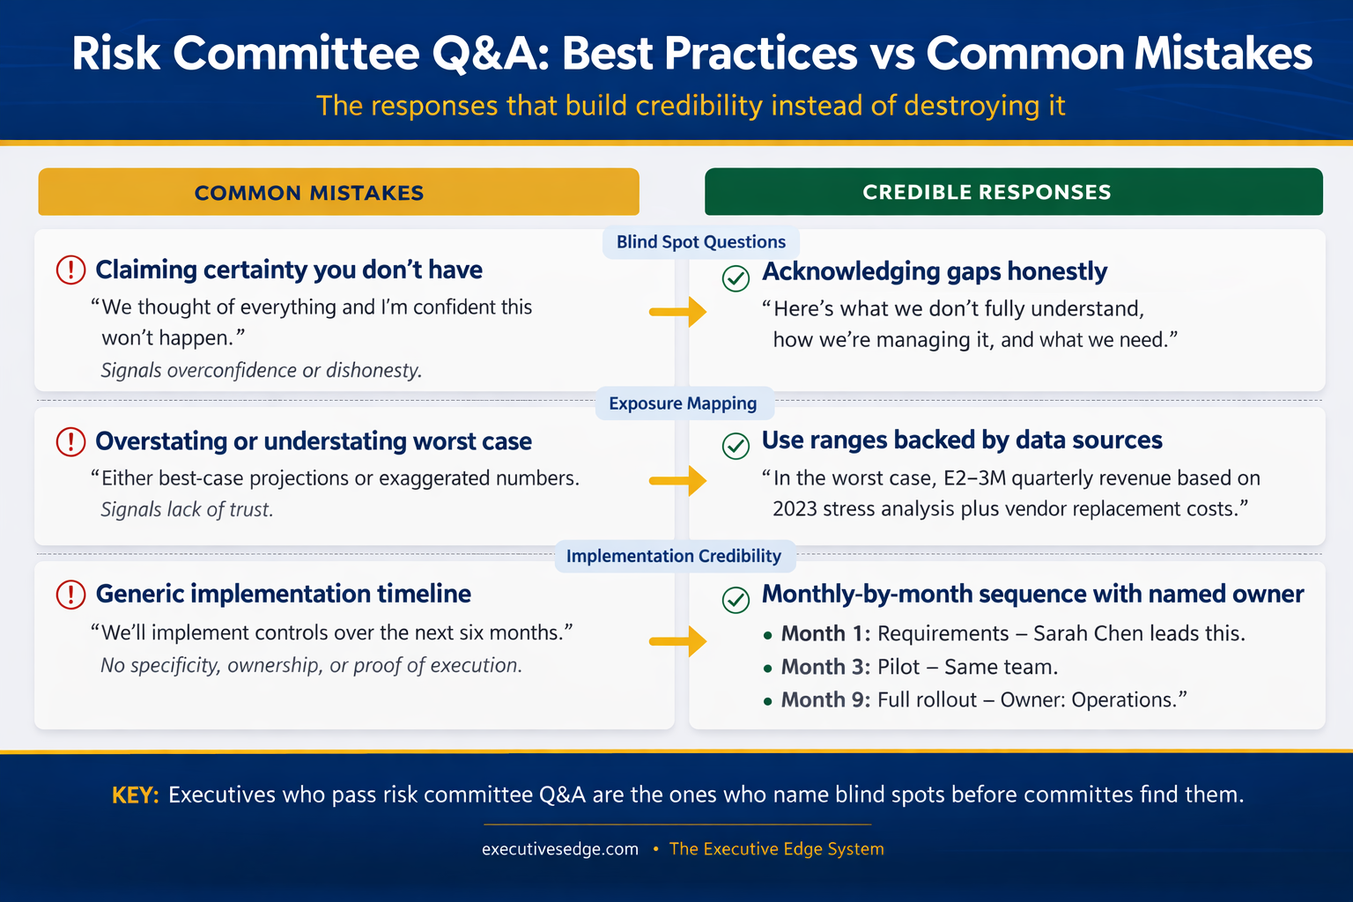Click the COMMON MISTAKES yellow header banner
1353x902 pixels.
[x=338, y=192]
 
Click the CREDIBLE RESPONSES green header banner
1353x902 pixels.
[x=1013, y=192]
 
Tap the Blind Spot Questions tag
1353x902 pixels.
[x=700, y=242]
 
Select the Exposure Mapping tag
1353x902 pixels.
[x=683, y=403]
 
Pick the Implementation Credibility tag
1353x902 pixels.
[x=673, y=556]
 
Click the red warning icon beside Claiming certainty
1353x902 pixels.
[x=70, y=270]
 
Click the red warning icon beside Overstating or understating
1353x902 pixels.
[x=70, y=441]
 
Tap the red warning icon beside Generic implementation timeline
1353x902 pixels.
[x=70, y=595]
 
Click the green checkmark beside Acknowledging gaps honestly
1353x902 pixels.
[x=736, y=278]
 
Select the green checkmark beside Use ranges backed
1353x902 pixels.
[x=736, y=446]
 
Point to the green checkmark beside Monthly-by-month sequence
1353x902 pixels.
[x=736, y=600]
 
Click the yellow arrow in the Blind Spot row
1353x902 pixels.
[x=678, y=312]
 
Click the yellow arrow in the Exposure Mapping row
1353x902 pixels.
[x=678, y=481]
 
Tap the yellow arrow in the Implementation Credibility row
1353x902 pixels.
[x=678, y=641]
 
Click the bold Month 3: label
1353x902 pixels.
[x=825, y=667]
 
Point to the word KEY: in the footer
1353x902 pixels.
[x=135, y=795]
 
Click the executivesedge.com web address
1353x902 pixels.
[x=560, y=849]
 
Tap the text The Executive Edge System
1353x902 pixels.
[x=776, y=849]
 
